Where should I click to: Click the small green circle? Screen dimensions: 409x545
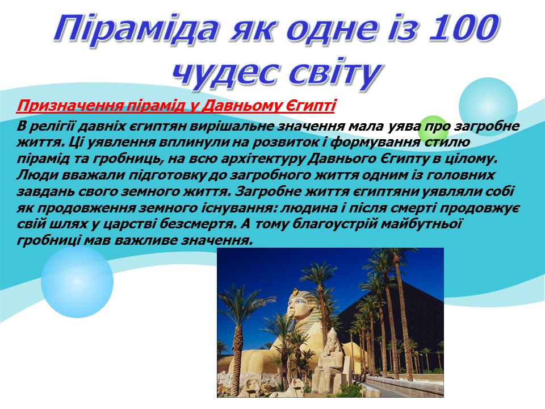pyautogui.click(x=433, y=128)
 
